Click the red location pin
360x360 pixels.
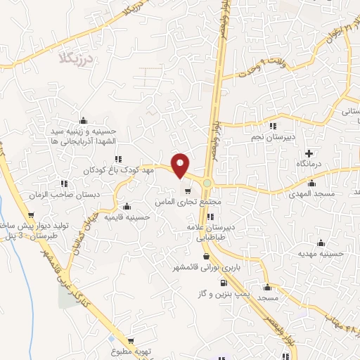coord(181,165)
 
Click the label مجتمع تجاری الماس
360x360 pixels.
coord(188,201)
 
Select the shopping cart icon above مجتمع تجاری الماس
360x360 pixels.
coord(188,191)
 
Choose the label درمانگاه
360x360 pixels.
coord(308,163)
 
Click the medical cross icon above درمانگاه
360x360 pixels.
coord(308,153)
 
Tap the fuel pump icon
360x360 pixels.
coord(224,283)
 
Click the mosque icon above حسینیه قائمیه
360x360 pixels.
coord(127,207)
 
